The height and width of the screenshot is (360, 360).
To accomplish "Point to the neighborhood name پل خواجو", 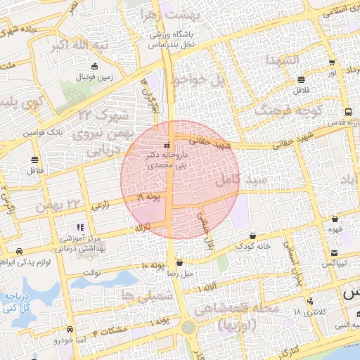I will pos(200,80).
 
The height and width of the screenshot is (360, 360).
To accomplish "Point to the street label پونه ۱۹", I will pos(148,198).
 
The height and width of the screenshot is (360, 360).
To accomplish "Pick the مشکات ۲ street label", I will pos(114,330).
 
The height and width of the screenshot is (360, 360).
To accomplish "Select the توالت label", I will pos(92,272).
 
